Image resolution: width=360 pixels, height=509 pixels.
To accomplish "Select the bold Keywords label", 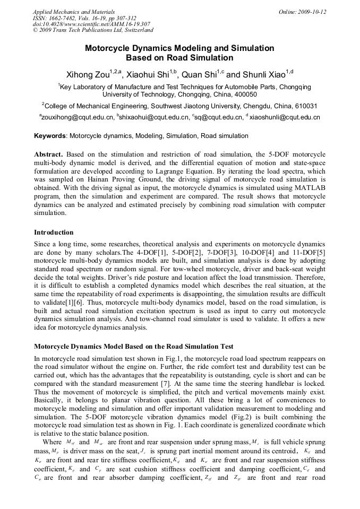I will tap(50, 136).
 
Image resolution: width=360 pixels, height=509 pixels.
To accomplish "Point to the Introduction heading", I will tap(54, 232).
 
